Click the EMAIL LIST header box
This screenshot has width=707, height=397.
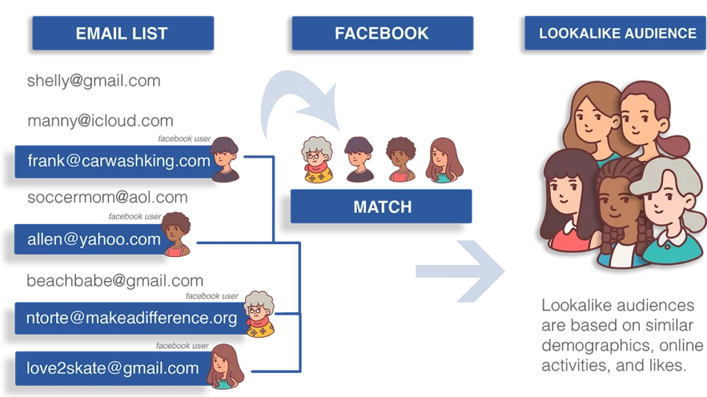click(x=122, y=33)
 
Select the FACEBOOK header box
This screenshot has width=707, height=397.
click(x=382, y=33)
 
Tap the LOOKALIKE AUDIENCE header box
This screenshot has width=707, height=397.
click(x=617, y=33)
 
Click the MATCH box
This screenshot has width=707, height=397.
click(x=382, y=207)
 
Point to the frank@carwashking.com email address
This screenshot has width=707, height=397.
click(x=119, y=161)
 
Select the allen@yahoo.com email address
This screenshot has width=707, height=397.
click(x=94, y=240)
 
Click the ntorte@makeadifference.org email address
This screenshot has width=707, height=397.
click(x=131, y=318)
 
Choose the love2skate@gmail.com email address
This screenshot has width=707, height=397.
click(x=113, y=368)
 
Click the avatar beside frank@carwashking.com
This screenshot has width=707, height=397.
click(x=225, y=159)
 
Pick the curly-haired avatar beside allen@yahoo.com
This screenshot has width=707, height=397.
click(x=177, y=234)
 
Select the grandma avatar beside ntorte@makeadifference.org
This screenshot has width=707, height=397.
click(x=260, y=314)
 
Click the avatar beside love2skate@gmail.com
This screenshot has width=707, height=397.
click(x=225, y=366)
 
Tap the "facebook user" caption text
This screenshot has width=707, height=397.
click(x=182, y=345)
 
